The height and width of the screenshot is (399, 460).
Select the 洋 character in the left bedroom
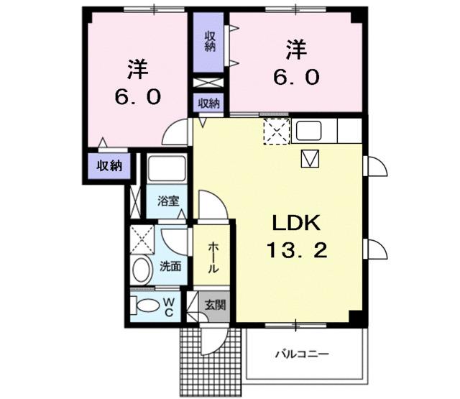138,70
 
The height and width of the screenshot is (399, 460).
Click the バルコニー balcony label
303,354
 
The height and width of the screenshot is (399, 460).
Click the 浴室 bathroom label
169,202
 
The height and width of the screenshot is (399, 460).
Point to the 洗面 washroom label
171,265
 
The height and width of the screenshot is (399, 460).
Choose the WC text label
167,306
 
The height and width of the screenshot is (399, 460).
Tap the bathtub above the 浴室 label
167,171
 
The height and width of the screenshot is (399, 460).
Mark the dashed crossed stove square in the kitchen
276,132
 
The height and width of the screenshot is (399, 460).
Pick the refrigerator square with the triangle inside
310,158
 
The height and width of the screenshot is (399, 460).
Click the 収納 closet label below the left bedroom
110,165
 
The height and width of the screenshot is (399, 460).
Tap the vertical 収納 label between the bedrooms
209,42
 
